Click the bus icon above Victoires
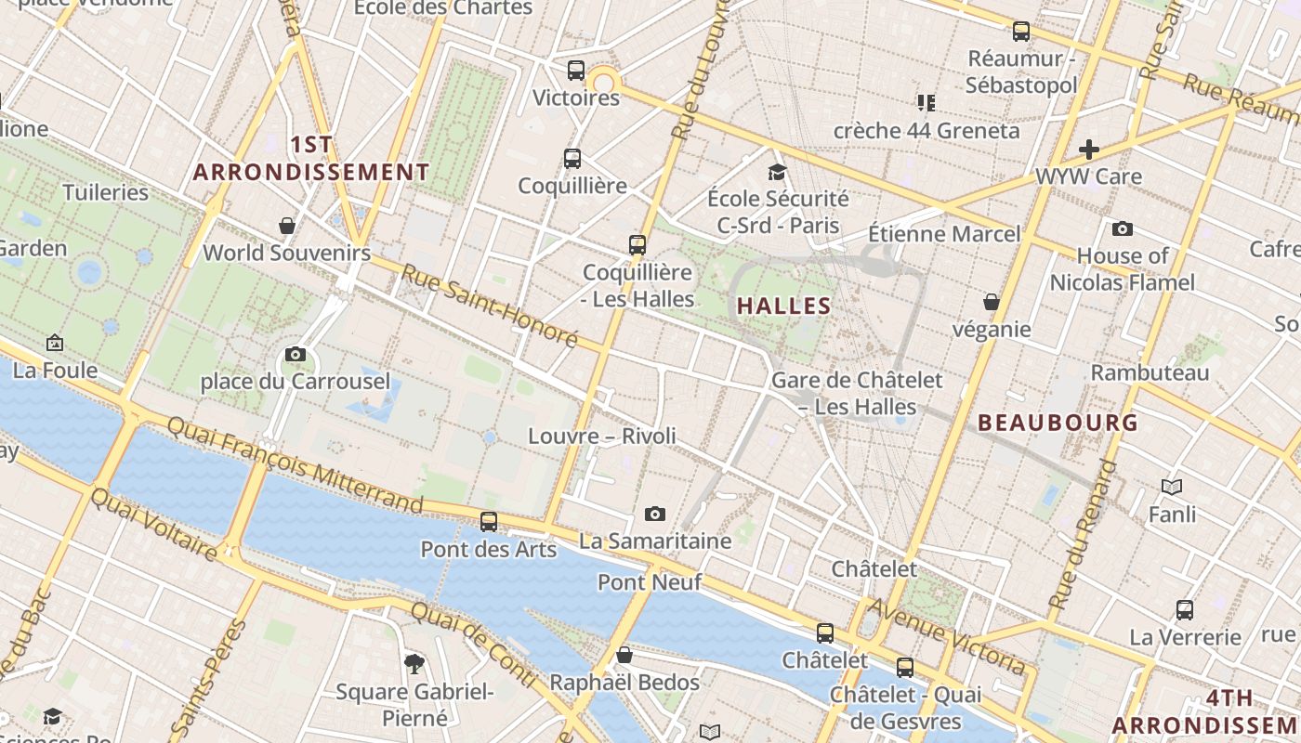576,71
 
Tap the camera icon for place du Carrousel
296,354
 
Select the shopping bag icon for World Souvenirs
287,226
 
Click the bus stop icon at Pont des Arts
489,522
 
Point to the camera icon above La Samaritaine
655,514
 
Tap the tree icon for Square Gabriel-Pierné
414,663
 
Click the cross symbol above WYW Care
1088,149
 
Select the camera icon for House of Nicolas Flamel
1122,228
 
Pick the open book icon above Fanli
1172,487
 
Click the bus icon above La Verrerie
1185,610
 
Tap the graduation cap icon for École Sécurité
777,172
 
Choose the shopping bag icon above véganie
992,302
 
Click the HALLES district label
783,306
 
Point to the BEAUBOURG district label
1058,423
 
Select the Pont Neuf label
649,582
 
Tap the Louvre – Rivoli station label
602,436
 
